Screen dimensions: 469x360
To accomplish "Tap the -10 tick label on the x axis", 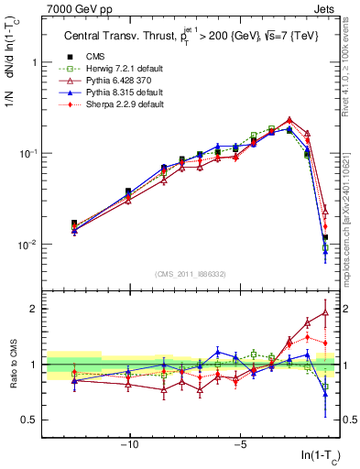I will (x=130, y=448).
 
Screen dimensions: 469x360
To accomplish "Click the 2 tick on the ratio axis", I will (x=33, y=309).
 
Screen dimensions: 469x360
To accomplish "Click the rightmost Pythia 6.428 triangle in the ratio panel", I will (x=325, y=312).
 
